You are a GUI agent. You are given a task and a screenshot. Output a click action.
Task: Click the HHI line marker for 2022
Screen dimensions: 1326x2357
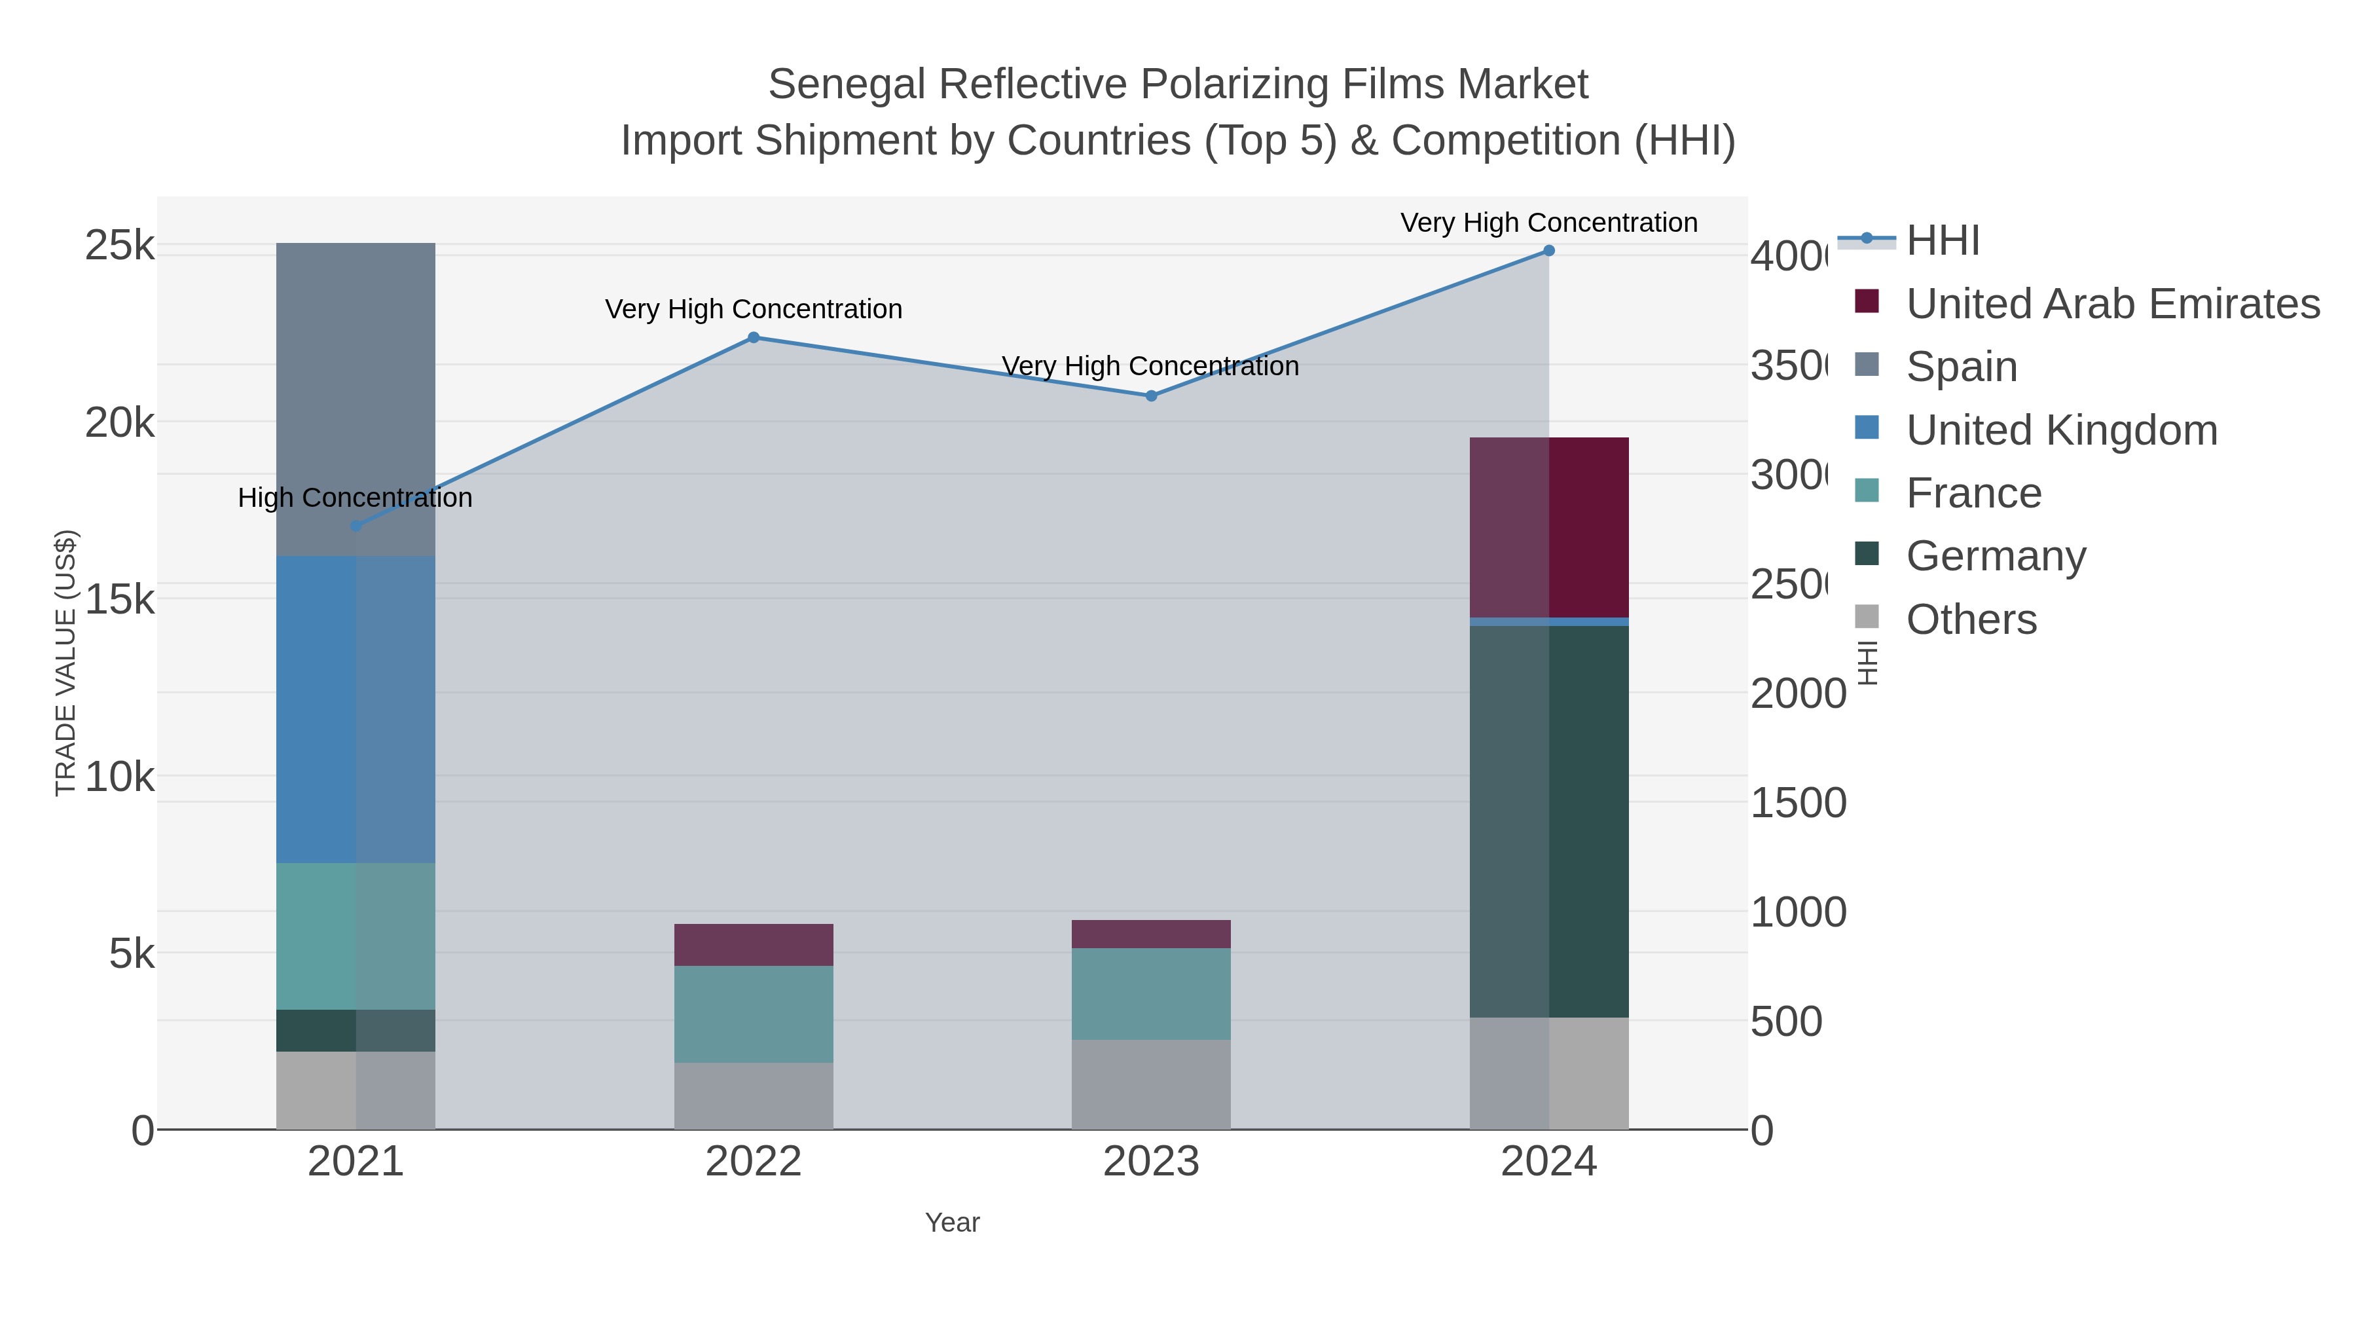click(753, 338)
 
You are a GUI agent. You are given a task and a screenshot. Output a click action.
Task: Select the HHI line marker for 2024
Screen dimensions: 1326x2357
click(1548, 251)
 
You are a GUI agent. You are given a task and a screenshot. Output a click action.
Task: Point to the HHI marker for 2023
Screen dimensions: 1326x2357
click(1151, 396)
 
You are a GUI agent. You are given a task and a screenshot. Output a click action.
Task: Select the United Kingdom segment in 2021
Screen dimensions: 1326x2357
click(356, 709)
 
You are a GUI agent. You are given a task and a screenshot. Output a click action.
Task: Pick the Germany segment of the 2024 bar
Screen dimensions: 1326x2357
click(1548, 821)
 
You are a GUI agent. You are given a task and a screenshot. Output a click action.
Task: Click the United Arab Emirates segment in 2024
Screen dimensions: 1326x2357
click(1548, 527)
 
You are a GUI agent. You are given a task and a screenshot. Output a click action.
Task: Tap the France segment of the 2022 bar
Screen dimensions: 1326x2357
click(753, 1014)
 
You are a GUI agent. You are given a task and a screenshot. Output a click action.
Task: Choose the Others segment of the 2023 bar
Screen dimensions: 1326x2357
click(1151, 1084)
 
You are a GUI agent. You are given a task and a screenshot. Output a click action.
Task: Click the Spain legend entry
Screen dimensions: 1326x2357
click(1962, 367)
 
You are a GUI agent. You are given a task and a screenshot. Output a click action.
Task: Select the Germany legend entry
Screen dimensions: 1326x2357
click(1996, 557)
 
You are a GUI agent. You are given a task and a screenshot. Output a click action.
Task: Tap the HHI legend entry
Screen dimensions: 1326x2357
click(1943, 241)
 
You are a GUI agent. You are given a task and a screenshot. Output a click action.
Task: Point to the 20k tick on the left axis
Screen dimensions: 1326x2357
click(120, 423)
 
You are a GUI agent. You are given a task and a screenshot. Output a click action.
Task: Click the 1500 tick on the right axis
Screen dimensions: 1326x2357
click(1798, 803)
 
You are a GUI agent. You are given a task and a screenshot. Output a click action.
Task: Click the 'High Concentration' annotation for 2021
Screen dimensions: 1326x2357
click(355, 498)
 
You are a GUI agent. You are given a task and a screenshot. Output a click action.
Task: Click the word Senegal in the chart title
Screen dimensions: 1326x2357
click(847, 84)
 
